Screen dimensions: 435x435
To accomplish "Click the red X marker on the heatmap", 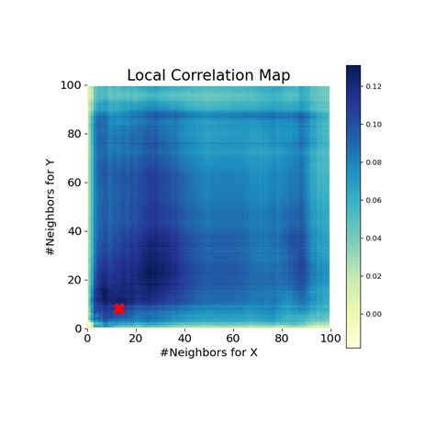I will [x=118, y=309].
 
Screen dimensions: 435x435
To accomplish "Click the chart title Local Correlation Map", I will [x=208, y=75].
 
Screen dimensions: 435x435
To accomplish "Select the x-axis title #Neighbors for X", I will [x=208, y=353].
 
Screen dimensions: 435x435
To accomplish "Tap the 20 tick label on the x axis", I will [x=136, y=339].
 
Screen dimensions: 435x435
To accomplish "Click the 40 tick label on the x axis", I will [x=184, y=339].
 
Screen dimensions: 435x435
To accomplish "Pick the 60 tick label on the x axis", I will [x=233, y=339].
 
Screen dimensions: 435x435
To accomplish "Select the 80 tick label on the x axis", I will [x=282, y=339].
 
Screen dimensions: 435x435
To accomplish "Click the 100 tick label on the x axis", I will [x=329, y=339].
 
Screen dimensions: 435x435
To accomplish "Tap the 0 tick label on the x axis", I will [x=87, y=339].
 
